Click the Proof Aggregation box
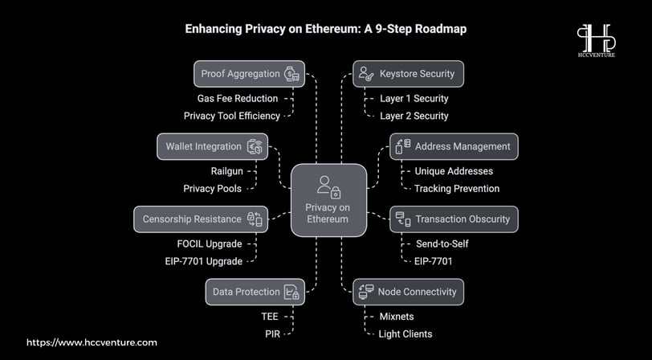click(x=249, y=74)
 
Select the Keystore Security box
click(x=409, y=74)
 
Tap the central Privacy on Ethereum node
click(x=328, y=200)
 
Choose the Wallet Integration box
click(x=212, y=146)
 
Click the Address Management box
click(x=454, y=146)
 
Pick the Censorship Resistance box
click(x=201, y=219)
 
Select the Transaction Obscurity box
click(x=454, y=219)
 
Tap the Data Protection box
click(x=255, y=292)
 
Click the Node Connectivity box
click(x=409, y=292)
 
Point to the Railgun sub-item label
click(x=227, y=171)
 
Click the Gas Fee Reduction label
click(x=238, y=99)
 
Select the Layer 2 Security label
click(x=414, y=116)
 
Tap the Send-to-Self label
click(x=442, y=244)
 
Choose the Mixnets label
click(x=397, y=317)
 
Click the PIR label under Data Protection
click(x=272, y=333)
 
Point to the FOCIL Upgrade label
click(x=210, y=244)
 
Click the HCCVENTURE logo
click(x=597, y=40)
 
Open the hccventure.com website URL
click(x=92, y=343)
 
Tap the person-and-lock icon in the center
click(x=328, y=187)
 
